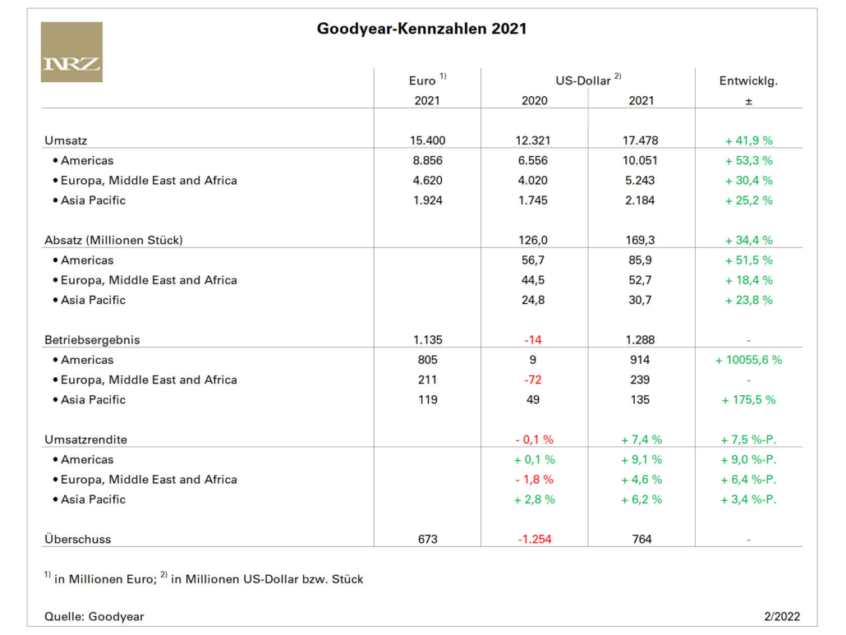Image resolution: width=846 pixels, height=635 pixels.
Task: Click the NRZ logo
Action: point(71,52)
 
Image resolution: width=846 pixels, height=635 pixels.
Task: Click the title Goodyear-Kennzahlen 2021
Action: point(421,29)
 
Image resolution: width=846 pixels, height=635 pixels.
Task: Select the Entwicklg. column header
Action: point(748,81)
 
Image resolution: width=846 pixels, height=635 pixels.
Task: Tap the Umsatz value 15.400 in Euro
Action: point(427,140)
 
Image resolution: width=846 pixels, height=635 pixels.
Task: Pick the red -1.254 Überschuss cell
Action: point(534,540)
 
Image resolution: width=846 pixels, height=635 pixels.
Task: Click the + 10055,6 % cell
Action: point(748,360)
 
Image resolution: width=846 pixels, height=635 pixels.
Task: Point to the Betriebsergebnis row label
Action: point(92,340)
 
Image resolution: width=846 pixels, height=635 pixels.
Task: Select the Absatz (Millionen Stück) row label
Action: point(113,240)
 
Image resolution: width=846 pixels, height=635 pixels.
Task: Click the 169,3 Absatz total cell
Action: point(640,240)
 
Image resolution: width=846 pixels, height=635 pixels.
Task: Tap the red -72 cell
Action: point(532,380)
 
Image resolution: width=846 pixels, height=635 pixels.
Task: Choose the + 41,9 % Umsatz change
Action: point(748,140)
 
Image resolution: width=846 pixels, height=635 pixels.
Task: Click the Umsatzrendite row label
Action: point(85,439)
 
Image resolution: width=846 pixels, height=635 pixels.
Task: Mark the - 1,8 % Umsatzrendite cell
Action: point(534,480)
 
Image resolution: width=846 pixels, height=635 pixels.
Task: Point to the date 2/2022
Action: point(782,617)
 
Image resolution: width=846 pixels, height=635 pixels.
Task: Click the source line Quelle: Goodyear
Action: point(94,617)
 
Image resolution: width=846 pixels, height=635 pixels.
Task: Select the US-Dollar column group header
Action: point(588,80)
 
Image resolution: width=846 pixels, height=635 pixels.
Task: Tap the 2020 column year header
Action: point(534,101)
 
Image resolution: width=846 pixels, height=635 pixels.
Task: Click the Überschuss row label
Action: point(78,539)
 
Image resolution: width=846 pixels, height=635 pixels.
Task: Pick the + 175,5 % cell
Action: point(748,400)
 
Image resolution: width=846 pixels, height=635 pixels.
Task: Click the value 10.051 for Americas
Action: point(640,161)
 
